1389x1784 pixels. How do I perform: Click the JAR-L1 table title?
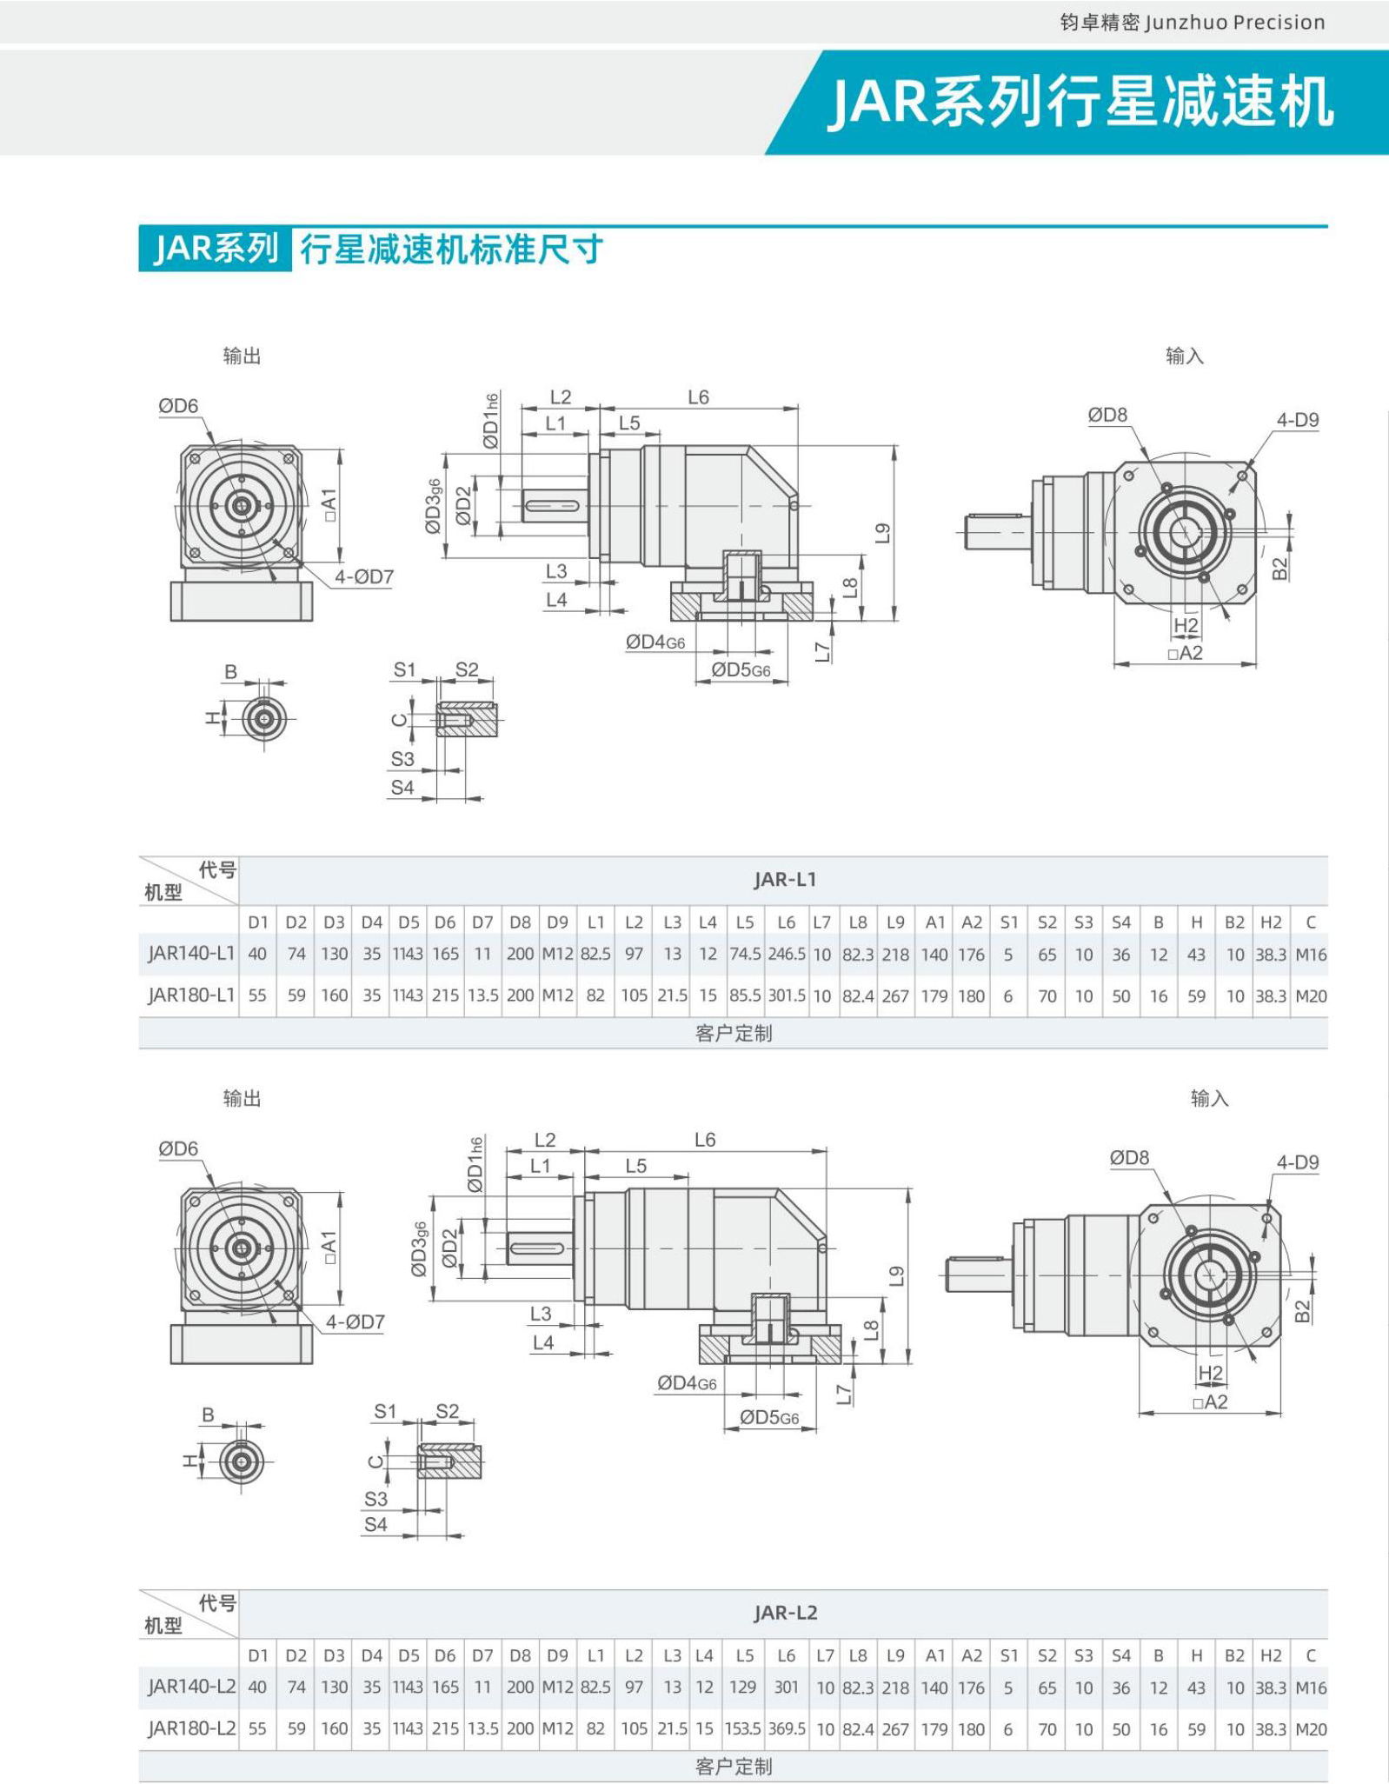785,879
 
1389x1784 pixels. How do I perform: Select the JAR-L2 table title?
785,1613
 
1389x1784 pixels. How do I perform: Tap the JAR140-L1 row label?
190,954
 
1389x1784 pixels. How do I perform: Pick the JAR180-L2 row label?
190,1728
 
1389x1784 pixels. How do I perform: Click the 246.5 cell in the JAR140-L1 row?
787,954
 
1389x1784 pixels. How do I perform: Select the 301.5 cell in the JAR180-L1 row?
787,995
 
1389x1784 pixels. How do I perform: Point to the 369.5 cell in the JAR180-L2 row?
787,1728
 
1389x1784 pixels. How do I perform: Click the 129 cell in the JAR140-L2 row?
742,1687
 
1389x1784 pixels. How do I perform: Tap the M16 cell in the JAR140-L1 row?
1311,954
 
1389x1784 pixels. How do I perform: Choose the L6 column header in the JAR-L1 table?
787,922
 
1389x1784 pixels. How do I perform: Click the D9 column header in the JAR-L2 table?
557,1656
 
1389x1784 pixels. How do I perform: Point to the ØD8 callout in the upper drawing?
1107,416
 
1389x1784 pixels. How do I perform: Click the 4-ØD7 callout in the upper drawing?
364,577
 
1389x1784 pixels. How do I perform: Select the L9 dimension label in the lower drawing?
896,1276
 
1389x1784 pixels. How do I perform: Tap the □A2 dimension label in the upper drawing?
1186,653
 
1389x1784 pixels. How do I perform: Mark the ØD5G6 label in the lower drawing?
769,1418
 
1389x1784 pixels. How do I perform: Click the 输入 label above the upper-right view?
1184,356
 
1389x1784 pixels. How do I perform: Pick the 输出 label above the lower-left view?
242,1098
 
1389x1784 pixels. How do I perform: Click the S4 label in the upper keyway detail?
402,788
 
